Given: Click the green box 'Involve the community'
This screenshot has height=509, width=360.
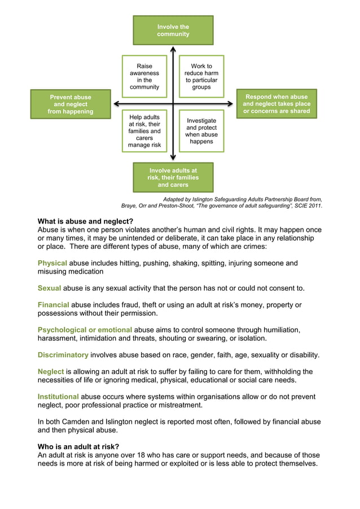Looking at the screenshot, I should coord(173,30).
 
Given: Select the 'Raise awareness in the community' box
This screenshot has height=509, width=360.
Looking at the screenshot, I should coord(144,77).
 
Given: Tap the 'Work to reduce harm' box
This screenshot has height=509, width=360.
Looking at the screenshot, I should coord(201,77).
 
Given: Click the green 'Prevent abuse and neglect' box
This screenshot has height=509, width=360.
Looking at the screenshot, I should coord(71,104).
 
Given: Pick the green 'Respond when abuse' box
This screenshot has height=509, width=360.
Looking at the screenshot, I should coord(276,104).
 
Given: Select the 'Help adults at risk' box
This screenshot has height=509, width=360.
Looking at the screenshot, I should coord(144,131).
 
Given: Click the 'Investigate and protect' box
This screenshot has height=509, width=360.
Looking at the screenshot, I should coord(201,131).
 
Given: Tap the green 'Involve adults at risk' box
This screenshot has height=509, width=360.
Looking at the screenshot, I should coord(173,177).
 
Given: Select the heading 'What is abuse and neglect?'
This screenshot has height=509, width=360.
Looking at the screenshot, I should coord(85,221).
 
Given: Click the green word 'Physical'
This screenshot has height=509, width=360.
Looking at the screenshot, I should coord(52,263).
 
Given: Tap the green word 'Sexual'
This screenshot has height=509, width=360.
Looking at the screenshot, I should coord(49,288).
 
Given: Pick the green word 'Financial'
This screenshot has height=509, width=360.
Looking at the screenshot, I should coord(53,305).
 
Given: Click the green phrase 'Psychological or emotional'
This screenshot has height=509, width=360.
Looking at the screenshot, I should coord(85,330).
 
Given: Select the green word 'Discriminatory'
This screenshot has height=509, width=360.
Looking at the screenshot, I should coord(63,355).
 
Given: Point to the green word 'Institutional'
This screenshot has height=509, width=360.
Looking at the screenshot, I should coord(58,397).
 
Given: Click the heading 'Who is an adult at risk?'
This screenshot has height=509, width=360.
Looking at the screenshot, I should coord(78,446).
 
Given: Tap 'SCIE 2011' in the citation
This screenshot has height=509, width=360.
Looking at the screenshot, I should coord(305,206).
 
